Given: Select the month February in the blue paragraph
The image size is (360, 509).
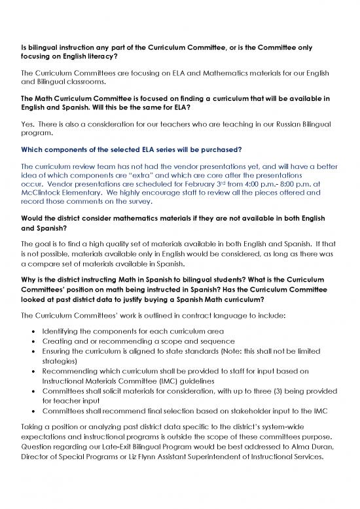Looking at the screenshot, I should click(x=198, y=184).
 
